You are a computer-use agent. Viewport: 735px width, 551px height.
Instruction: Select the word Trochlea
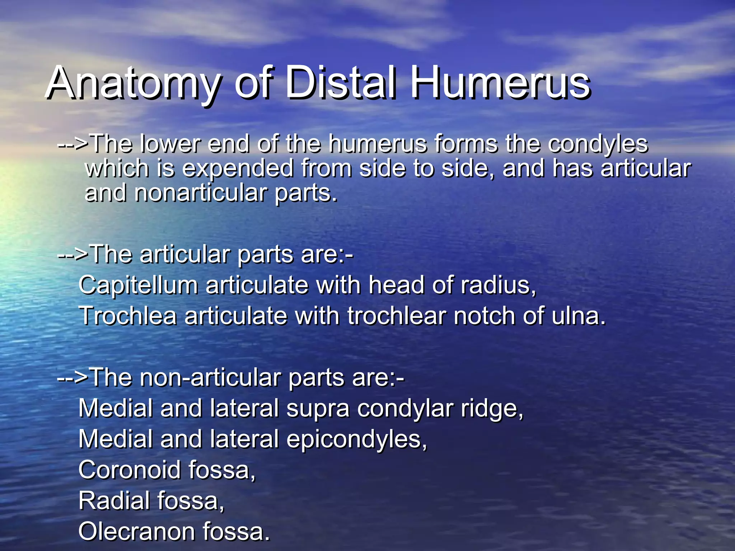128,316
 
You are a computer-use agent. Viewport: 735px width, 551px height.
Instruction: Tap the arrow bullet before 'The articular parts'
73,254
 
